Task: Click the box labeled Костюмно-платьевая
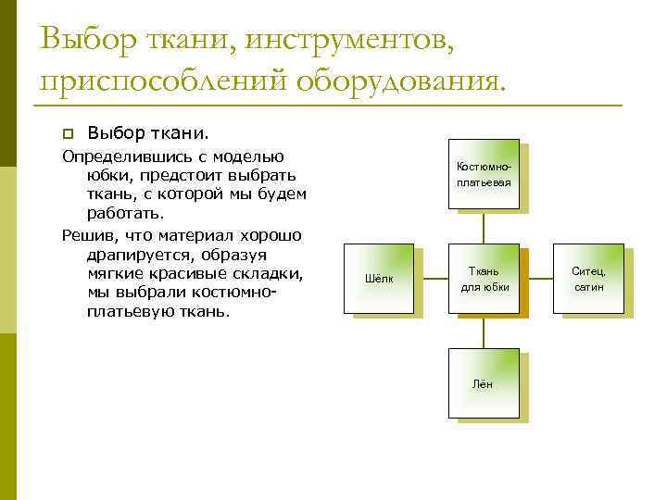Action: [483, 175]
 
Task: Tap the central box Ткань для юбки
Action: [483, 279]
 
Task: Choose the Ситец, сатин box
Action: [587, 279]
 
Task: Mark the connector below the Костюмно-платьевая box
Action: [483, 227]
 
